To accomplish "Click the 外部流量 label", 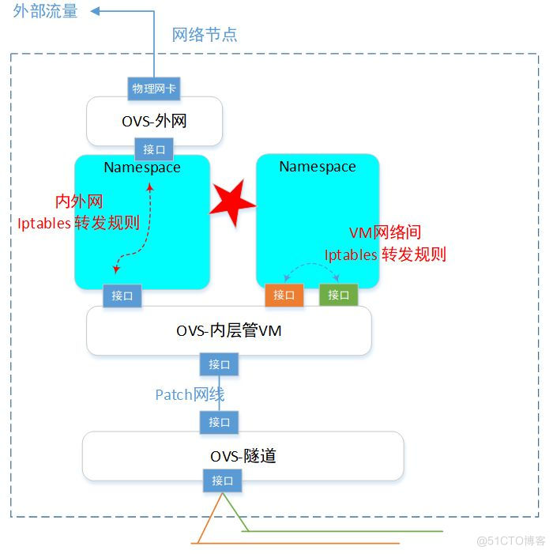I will pos(45,12).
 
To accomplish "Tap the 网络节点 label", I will pos(205,35).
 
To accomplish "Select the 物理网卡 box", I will pos(154,89).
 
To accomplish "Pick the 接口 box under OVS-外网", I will pos(154,149).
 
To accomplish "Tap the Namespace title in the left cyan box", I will pos(142,168).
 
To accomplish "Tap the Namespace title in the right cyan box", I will pos(318,167).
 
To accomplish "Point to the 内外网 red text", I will pos(78,202).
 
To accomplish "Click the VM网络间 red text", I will pos(385,232).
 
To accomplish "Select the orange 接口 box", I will pos(284,295).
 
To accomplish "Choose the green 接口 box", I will pos(339,295).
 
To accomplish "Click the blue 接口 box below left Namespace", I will pos(122,296).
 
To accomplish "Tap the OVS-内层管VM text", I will pos(229,331).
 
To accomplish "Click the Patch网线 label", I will pos(190,394).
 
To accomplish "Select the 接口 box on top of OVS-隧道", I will pos(219,422).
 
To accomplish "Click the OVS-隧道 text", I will pos(243,456).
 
